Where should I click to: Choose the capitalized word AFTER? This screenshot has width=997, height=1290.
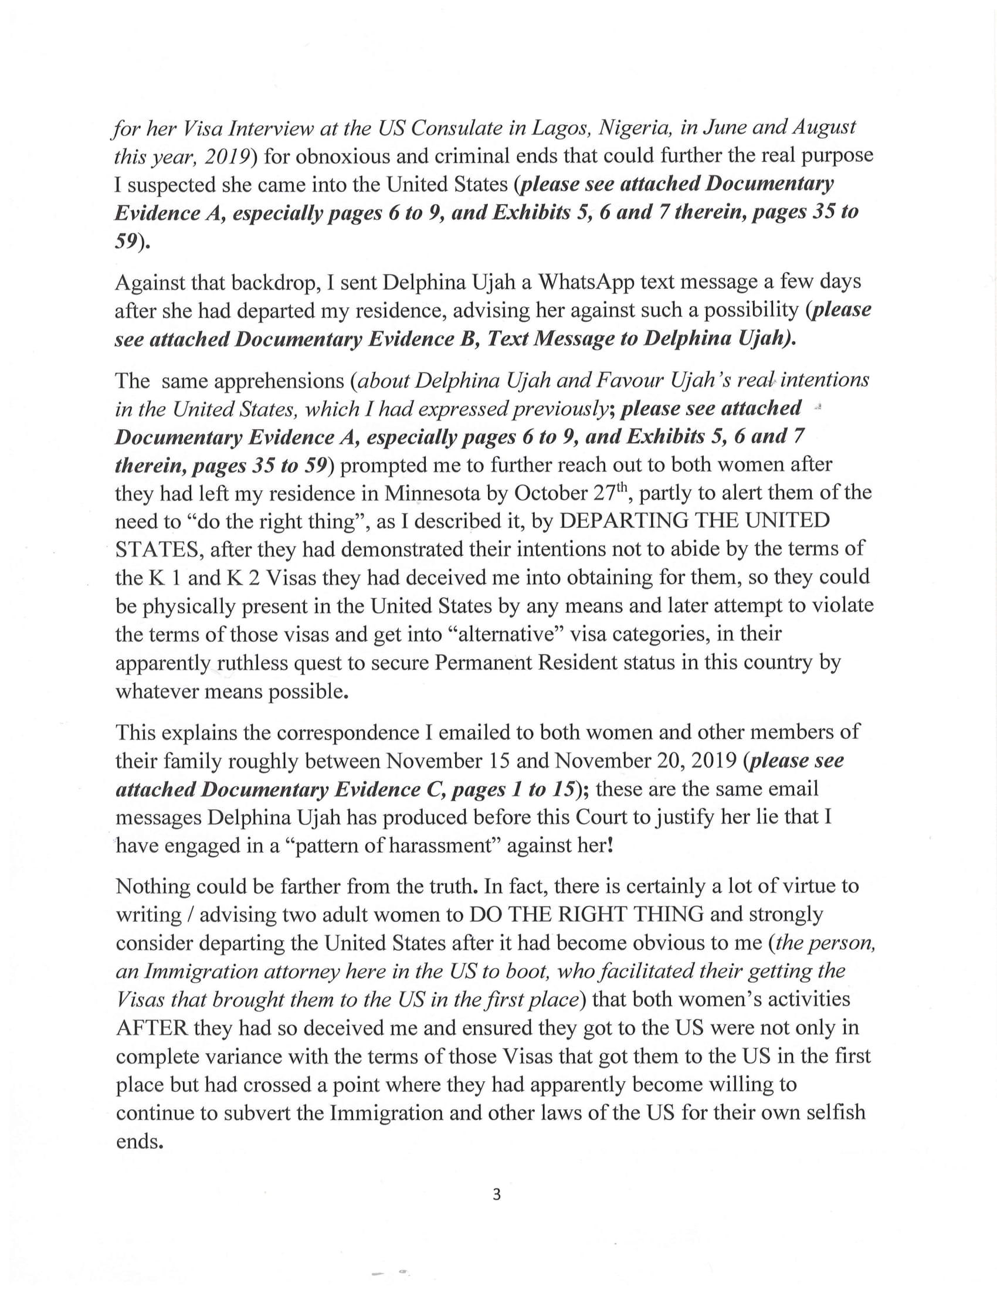(x=151, y=1028)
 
